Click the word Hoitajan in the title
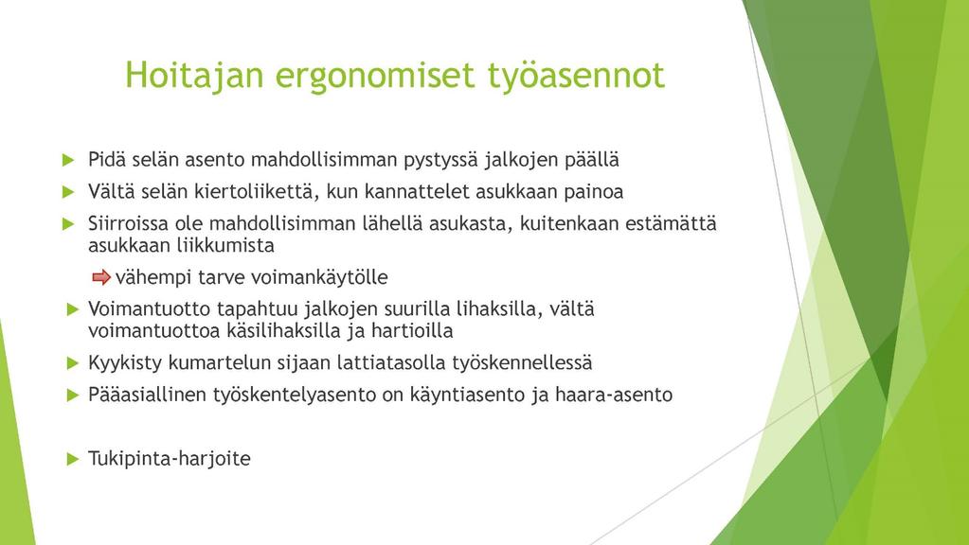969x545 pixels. (x=195, y=76)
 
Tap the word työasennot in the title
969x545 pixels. (x=576, y=76)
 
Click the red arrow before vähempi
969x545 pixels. (x=101, y=278)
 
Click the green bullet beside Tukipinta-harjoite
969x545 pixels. (x=73, y=459)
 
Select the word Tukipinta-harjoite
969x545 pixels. (x=170, y=459)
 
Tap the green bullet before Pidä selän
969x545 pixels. (x=68, y=161)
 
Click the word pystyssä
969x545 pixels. (x=440, y=161)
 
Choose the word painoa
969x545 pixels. (x=593, y=192)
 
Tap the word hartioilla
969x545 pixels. (x=412, y=331)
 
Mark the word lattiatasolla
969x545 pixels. (x=394, y=362)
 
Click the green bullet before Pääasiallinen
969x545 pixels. (x=73, y=395)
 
